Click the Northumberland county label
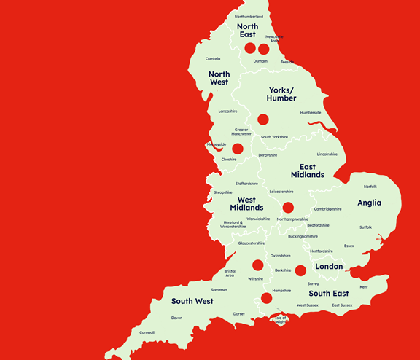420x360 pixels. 249,16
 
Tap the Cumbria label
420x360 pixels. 213,59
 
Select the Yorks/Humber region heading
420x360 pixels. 281,93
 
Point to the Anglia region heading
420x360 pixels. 369,203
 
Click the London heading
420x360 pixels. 329,267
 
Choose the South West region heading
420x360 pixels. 192,301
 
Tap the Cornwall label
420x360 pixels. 147,332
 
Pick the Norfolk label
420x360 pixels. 370,187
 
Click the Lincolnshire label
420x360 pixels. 327,154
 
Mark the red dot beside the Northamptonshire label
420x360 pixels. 288,207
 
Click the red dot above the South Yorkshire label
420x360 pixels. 262,119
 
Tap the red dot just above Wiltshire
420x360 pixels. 257,265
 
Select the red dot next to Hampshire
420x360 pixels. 266,297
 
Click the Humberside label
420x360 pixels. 310,112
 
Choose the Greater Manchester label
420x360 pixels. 241,132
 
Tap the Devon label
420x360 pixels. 176,318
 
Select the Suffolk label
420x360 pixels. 365,227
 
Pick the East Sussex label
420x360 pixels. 341,305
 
